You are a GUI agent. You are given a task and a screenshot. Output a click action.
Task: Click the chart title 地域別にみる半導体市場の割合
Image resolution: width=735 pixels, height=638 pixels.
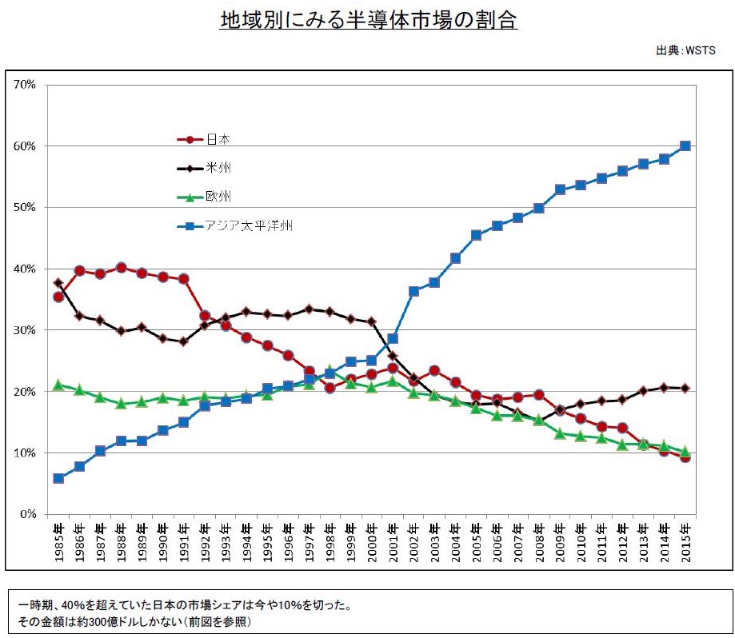pos(369,21)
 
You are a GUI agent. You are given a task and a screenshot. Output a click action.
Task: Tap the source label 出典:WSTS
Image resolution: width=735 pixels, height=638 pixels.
pos(685,50)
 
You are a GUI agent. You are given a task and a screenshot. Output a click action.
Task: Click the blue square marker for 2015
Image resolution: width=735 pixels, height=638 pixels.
pos(685,146)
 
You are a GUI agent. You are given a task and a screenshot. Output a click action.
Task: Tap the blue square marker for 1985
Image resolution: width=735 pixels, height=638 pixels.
pos(58,478)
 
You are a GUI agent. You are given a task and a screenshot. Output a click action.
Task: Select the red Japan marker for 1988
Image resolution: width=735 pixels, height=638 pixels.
pos(122,268)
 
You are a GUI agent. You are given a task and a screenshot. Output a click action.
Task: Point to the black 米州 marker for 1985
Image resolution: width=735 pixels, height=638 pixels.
pos(58,283)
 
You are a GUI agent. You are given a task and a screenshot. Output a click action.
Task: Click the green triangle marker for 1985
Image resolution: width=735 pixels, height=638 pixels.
pos(58,385)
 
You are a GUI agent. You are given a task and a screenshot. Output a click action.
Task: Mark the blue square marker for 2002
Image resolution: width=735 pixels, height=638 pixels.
pos(413,291)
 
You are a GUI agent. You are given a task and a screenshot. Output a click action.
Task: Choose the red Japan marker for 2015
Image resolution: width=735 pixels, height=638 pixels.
pos(685,457)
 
